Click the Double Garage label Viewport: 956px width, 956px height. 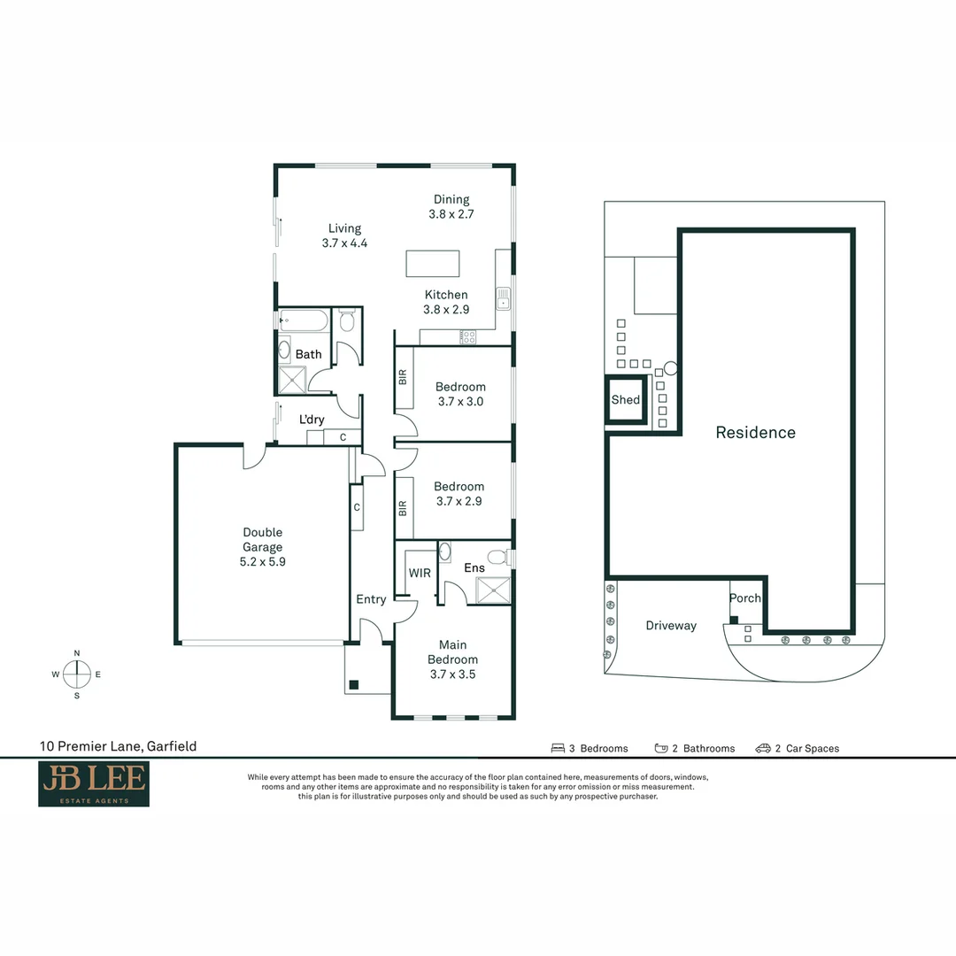pos(263,540)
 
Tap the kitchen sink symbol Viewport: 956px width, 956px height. pos(503,298)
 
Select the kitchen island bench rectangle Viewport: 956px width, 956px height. pos(433,264)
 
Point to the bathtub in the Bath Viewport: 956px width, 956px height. pos(305,320)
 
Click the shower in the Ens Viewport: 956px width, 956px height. pos(493,590)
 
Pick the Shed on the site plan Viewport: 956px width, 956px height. pos(626,399)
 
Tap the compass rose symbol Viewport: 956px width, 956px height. pos(77,675)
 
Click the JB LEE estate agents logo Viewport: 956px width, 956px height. pos(94,783)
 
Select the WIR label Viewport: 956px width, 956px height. pos(420,573)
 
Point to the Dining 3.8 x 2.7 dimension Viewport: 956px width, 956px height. pos(451,214)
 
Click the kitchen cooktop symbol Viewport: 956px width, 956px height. pos(467,336)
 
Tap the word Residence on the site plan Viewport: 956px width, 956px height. pos(755,432)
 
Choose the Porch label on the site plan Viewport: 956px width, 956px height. pos(745,598)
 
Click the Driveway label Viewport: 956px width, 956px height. pos(671,626)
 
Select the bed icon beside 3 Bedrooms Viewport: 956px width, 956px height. pos(558,748)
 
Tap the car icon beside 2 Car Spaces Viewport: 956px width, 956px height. pos(763,748)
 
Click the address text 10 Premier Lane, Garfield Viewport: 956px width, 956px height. pos(119,746)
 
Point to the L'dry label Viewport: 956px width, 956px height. pos(312,420)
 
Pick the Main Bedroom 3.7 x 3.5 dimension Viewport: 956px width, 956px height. pos(452,675)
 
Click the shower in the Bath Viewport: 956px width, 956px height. pos(292,380)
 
